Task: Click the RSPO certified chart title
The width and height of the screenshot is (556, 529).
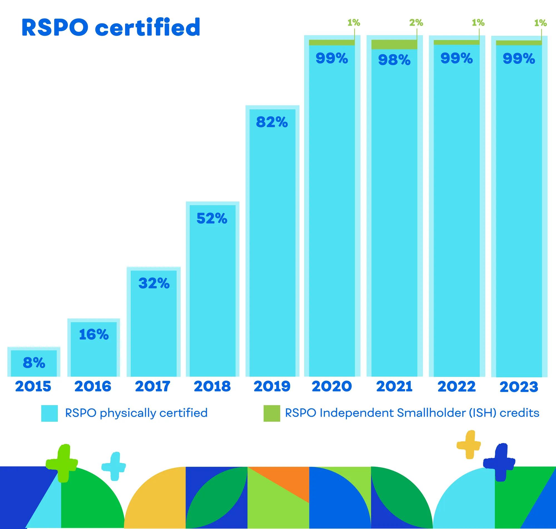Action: point(111,28)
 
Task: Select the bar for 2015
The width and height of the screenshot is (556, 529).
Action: point(34,362)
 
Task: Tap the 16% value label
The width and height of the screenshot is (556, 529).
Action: point(94,335)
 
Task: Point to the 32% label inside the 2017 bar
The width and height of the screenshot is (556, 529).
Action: point(154,283)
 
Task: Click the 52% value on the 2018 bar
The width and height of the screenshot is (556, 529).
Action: point(212,218)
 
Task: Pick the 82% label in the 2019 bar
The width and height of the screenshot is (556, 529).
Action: point(272,122)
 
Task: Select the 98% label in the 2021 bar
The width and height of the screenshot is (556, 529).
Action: point(394,60)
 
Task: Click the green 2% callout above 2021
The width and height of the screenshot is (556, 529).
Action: point(416,23)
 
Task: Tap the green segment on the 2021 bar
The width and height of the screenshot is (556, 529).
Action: point(394,44)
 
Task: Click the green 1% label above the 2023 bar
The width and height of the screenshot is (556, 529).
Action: point(540,23)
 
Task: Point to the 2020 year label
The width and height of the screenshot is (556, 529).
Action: point(332,386)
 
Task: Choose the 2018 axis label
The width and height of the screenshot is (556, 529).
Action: point(212,386)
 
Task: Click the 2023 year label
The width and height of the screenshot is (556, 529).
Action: point(519,387)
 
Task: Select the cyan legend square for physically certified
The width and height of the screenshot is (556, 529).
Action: point(49,413)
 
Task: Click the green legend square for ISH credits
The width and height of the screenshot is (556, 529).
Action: point(272,413)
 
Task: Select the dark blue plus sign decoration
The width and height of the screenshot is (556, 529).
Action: point(499,462)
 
